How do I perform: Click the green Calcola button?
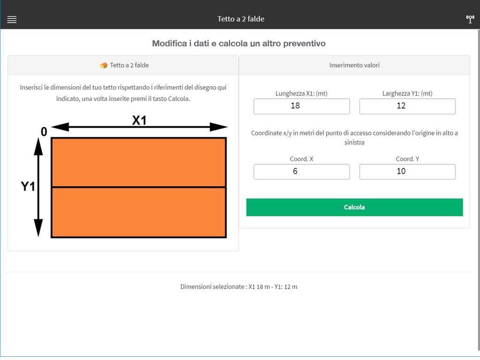(x=354, y=207)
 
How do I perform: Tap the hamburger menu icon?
(x=12, y=20)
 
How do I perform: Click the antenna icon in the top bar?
(x=470, y=19)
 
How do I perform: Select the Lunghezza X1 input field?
(x=301, y=106)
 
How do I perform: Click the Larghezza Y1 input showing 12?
(x=407, y=106)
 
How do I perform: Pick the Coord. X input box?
(x=301, y=172)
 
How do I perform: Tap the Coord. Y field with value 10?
(x=407, y=172)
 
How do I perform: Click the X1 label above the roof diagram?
(x=139, y=120)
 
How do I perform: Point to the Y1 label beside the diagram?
(x=28, y=187)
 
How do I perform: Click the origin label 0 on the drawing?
(x=44, y=132)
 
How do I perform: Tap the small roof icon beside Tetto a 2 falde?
(x=104, y=66)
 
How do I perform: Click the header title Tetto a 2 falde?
(x=241, y=19)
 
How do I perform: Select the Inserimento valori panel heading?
(x=354, y=65)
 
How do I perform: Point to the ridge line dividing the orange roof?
(x=139, y=187)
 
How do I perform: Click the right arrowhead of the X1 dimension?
(x=218, y=127)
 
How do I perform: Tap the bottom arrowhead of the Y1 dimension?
(x=38, y=228)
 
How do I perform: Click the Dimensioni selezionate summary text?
(x=239, y=287)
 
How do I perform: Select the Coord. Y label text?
(x=407, y=159)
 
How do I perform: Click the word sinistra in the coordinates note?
(x=354, y=142)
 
